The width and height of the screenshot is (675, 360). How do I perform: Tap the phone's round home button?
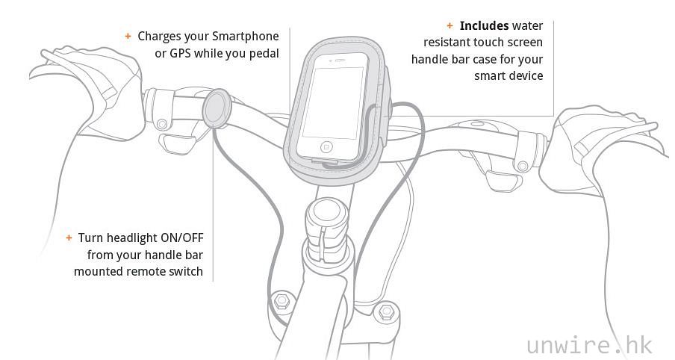(x=326, y=148)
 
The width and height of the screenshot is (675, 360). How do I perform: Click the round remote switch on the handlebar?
(x=217, y=109)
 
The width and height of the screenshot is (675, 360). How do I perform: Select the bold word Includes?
(x=484, y=26)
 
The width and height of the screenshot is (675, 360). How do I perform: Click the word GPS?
(x=180, y=53)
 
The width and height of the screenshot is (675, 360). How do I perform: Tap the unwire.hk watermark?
(x=589, y=345)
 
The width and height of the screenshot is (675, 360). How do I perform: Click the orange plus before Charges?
(x=128, y=36)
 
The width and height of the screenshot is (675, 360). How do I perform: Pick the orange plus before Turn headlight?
(x=69, y=238)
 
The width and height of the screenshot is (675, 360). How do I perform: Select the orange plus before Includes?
(x=450, y=26)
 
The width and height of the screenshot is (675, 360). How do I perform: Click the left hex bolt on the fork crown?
(x=281, y=300)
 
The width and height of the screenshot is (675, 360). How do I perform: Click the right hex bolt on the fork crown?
(x=386, y=311)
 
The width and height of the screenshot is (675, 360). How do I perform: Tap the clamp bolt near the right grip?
(x=523, y=166)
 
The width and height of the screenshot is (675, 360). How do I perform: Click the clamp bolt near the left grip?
(x=162, y=125)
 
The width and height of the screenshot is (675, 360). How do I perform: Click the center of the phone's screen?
(x=333, y=102)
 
